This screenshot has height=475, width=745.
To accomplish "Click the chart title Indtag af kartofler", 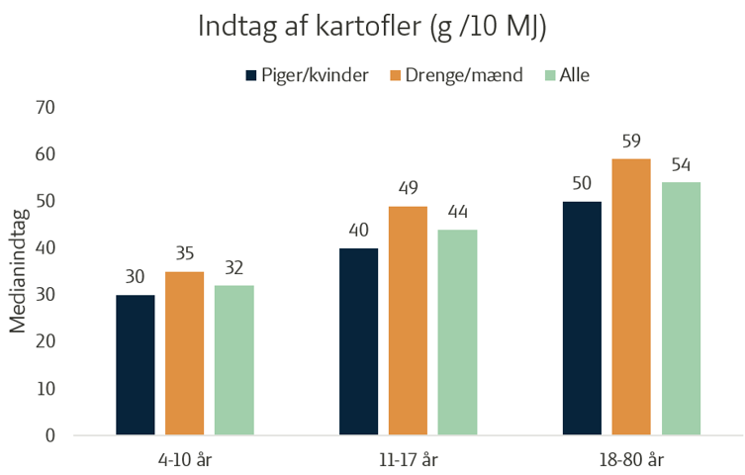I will click(x=372, y=27).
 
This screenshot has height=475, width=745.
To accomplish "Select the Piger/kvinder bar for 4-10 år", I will click(x=136, y=365).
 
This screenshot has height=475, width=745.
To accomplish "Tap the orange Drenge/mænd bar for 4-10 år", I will click(x=185, y=353).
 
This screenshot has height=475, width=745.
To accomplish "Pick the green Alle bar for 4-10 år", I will click(x=234, y=360).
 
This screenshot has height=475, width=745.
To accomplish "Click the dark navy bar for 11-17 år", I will click(x=359, y=341).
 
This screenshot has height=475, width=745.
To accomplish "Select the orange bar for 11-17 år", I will click(x=408, y=321).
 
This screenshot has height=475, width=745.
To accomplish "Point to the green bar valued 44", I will click(x=458, y=332).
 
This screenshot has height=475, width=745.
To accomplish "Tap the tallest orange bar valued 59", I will click(x=631, y=297).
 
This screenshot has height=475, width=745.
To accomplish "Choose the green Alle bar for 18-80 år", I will click(x=681, y=309).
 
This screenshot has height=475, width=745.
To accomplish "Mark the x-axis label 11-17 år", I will click(x=408, y=461).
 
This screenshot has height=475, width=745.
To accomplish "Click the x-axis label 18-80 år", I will click(x=631, y=461).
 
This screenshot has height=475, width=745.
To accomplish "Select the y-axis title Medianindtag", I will click(x=19, y=271).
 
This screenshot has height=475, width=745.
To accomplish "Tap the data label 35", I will click(x=185, y=254).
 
